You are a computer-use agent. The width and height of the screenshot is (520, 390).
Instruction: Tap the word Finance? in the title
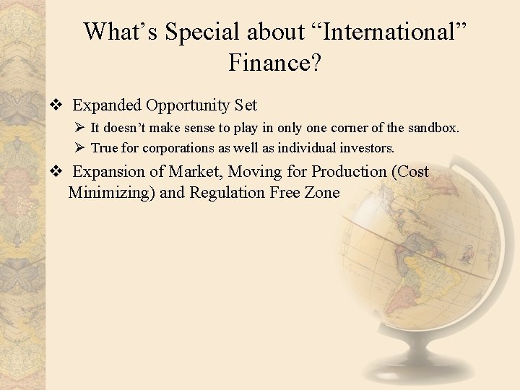(x=275, y=64)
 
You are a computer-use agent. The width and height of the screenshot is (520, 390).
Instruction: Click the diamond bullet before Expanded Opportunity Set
(x=55, y=105)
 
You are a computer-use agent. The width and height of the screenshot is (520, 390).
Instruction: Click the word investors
(x=369, y=148)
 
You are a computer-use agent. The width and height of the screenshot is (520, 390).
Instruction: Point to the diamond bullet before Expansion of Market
(x=55, y=172)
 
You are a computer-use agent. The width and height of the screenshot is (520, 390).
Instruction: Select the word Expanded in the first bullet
(x=107, y=105)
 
